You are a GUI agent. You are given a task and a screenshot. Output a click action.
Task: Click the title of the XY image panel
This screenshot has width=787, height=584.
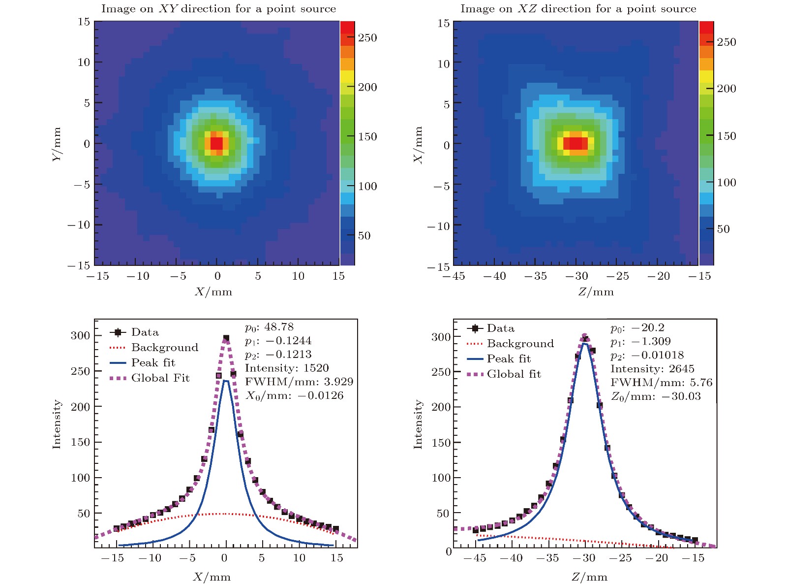pos(218,9)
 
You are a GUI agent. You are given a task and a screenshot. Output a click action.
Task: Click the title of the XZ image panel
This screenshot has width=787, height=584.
pos(578,9)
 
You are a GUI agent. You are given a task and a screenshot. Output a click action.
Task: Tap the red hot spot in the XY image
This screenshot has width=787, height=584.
pos(217,143)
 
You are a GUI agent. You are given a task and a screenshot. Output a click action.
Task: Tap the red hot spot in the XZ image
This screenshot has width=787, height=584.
pos(575,143)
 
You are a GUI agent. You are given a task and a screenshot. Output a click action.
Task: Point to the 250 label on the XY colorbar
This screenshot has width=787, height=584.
pos(367,38)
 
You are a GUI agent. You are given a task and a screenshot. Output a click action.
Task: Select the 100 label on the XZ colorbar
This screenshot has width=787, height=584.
pos(726,183)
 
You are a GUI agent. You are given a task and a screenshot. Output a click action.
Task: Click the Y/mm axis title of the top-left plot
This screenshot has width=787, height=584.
pos(57,144)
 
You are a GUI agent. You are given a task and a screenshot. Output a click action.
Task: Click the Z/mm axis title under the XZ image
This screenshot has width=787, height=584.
pos(596,292)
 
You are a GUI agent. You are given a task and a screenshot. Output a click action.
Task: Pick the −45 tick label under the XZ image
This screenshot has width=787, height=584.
pos(454,276)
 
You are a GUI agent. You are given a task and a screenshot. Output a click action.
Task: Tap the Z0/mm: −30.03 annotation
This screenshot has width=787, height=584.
pos(656,397)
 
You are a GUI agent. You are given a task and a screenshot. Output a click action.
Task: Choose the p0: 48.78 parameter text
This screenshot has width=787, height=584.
pos(269,327)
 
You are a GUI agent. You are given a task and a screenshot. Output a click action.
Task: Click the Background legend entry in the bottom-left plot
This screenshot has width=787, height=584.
pos(164,348)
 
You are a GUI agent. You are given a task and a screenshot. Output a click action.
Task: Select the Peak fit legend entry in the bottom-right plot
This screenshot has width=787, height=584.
pos(509,359)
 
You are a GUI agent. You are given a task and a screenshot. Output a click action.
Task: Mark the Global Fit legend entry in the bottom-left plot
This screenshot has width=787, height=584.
pos(160,378)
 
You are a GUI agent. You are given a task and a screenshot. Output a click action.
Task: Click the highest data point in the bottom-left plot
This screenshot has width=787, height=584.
pos(226,338)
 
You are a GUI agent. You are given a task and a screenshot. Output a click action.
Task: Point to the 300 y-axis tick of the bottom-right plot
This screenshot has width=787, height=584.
pos(441,337)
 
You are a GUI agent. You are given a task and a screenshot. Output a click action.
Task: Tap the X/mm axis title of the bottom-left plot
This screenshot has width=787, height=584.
pos(212,577)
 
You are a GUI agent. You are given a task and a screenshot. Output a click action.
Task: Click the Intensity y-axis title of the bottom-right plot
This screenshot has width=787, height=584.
pos(418,424)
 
